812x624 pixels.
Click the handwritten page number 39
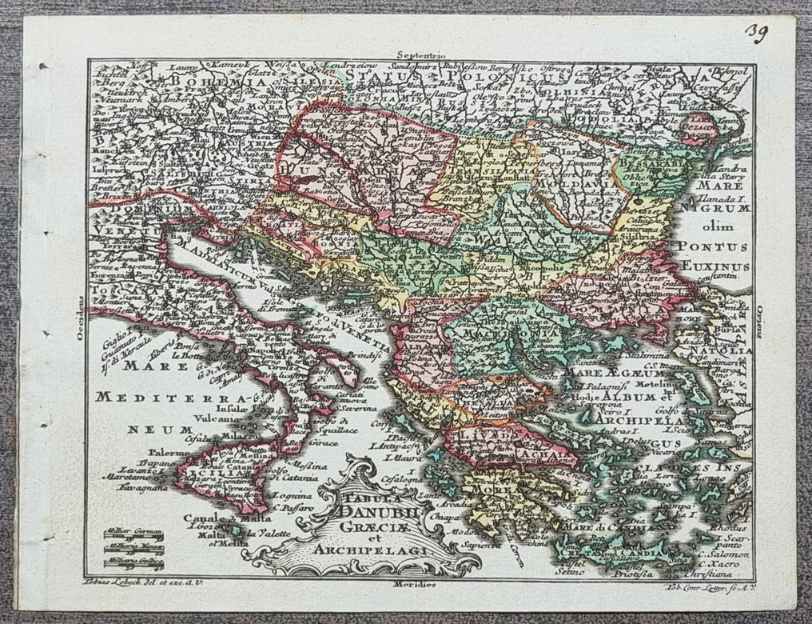pos(758,32)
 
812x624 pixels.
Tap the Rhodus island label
pos(731,528)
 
